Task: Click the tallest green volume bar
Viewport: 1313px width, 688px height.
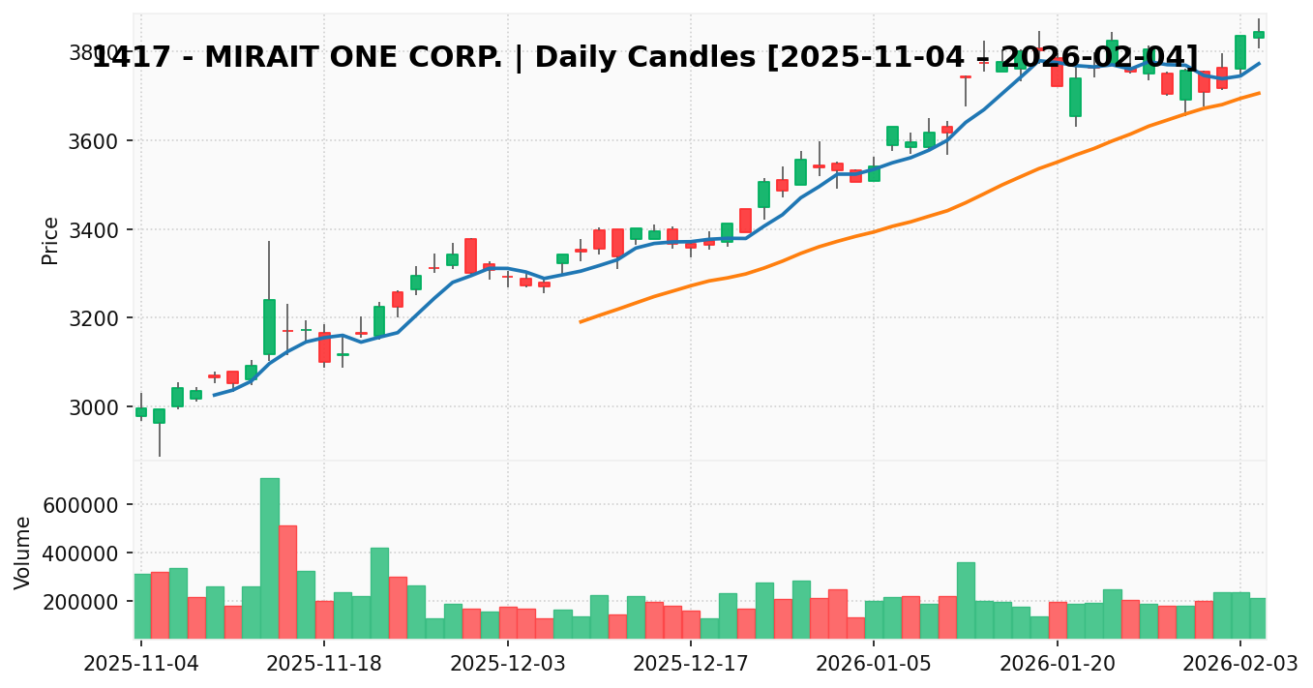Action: [x=269, y=557]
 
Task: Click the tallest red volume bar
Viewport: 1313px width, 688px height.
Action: [x=287, y=581]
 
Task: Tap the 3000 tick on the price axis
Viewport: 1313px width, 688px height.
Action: [x=95, y=407]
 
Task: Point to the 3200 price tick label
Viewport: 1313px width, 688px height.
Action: [x=95, y=318]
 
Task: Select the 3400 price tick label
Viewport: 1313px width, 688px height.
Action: [x=95, y=230]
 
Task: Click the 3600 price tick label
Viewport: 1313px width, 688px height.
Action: [x=95, y=141]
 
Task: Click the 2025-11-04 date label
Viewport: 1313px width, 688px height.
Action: [x=141, y=665]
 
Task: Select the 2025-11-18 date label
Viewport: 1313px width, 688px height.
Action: [x=324, y=665]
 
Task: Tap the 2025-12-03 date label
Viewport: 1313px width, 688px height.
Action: [x=508, y=665]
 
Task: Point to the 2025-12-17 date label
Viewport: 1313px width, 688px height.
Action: [x=691, y=665]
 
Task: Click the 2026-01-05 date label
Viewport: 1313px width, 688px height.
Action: [x=874, y=665]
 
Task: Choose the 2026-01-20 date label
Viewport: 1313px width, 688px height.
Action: [x=1058, y=665]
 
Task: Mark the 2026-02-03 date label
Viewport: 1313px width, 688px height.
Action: [x=1240, y=665]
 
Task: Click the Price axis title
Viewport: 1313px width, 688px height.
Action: [x=50, y=240]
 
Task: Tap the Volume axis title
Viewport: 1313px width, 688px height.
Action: [x=23, y=552]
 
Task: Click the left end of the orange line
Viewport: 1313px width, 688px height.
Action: [x=581, y=321]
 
